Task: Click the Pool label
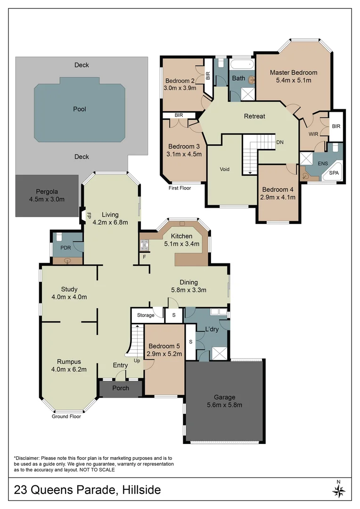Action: [80, 109]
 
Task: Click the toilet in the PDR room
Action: [59, 237]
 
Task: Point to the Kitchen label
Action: [181, 236]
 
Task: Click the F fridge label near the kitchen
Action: [144, 257]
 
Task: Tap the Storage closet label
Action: [146, 315]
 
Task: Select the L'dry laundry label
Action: [212, 329]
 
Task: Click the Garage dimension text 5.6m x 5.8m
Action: [224, 405]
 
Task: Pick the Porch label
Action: [120, 388]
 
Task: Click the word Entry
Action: [120, 365]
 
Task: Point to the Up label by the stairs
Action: [137, 361]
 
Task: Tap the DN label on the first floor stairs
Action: [279, 142]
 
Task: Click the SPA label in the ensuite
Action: [334, 173]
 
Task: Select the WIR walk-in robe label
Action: [313, 134]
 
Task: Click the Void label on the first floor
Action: [225, 169]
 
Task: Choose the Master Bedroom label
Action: [293, 73]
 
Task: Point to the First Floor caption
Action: [180, 188]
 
